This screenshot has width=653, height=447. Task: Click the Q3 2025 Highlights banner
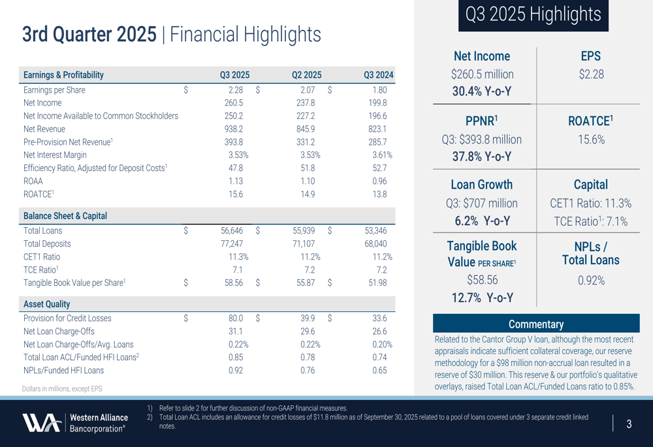point(533,15)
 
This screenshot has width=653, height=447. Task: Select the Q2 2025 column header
point(306,75)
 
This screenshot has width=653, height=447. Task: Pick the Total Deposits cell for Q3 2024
point(375,243)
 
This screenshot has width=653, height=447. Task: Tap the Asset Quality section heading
point(46,304)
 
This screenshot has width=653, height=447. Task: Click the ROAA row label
point(33,181)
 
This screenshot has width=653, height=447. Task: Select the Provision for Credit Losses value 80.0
point(235,318)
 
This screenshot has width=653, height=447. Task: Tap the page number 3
point(629,424)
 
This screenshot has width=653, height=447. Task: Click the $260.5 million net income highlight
point(482,74)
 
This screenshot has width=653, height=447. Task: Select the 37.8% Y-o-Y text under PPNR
point(482,157)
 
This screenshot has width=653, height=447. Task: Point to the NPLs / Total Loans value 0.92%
point(591,281)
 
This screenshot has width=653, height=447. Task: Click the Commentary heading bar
point(535,324)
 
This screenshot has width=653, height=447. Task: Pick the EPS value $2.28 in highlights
point(591,74)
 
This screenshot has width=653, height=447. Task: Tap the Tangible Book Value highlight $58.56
point(482,280)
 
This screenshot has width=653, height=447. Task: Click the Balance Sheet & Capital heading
point(65,216)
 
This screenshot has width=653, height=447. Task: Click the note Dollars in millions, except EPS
point(62,389)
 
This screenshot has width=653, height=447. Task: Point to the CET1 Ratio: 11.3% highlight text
point(591,204)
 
